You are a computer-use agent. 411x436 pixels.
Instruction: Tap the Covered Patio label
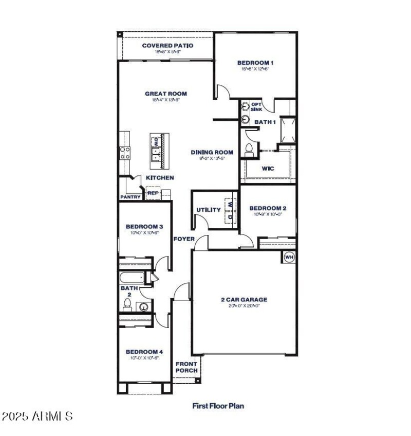[x=167, y=46]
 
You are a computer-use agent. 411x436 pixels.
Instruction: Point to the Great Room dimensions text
[x=165, y=100]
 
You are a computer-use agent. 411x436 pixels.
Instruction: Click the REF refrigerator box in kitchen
[x=153, y=193]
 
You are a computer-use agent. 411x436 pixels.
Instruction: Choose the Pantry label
[x=130, y=197]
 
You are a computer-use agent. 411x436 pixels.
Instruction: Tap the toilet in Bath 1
[x=250, y=150]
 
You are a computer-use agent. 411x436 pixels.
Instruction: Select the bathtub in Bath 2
[x=133, y=278]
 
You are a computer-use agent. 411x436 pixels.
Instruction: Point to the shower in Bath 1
[x=288, y=130]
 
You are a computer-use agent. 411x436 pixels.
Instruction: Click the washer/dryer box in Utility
[x=231, y=210]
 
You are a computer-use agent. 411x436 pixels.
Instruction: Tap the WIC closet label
[x=268, y=168]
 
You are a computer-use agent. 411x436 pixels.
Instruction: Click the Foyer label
[x=183, y=239]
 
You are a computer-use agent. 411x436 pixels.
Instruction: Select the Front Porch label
[x=186, y=367]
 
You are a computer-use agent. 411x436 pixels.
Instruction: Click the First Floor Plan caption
[x=218, y=406]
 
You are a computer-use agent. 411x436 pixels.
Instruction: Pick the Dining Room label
[x=212, y=152]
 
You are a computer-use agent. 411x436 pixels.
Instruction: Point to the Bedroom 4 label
[x=144, y=352]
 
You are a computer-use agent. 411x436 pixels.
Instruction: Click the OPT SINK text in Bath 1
[x=256, y=107]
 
